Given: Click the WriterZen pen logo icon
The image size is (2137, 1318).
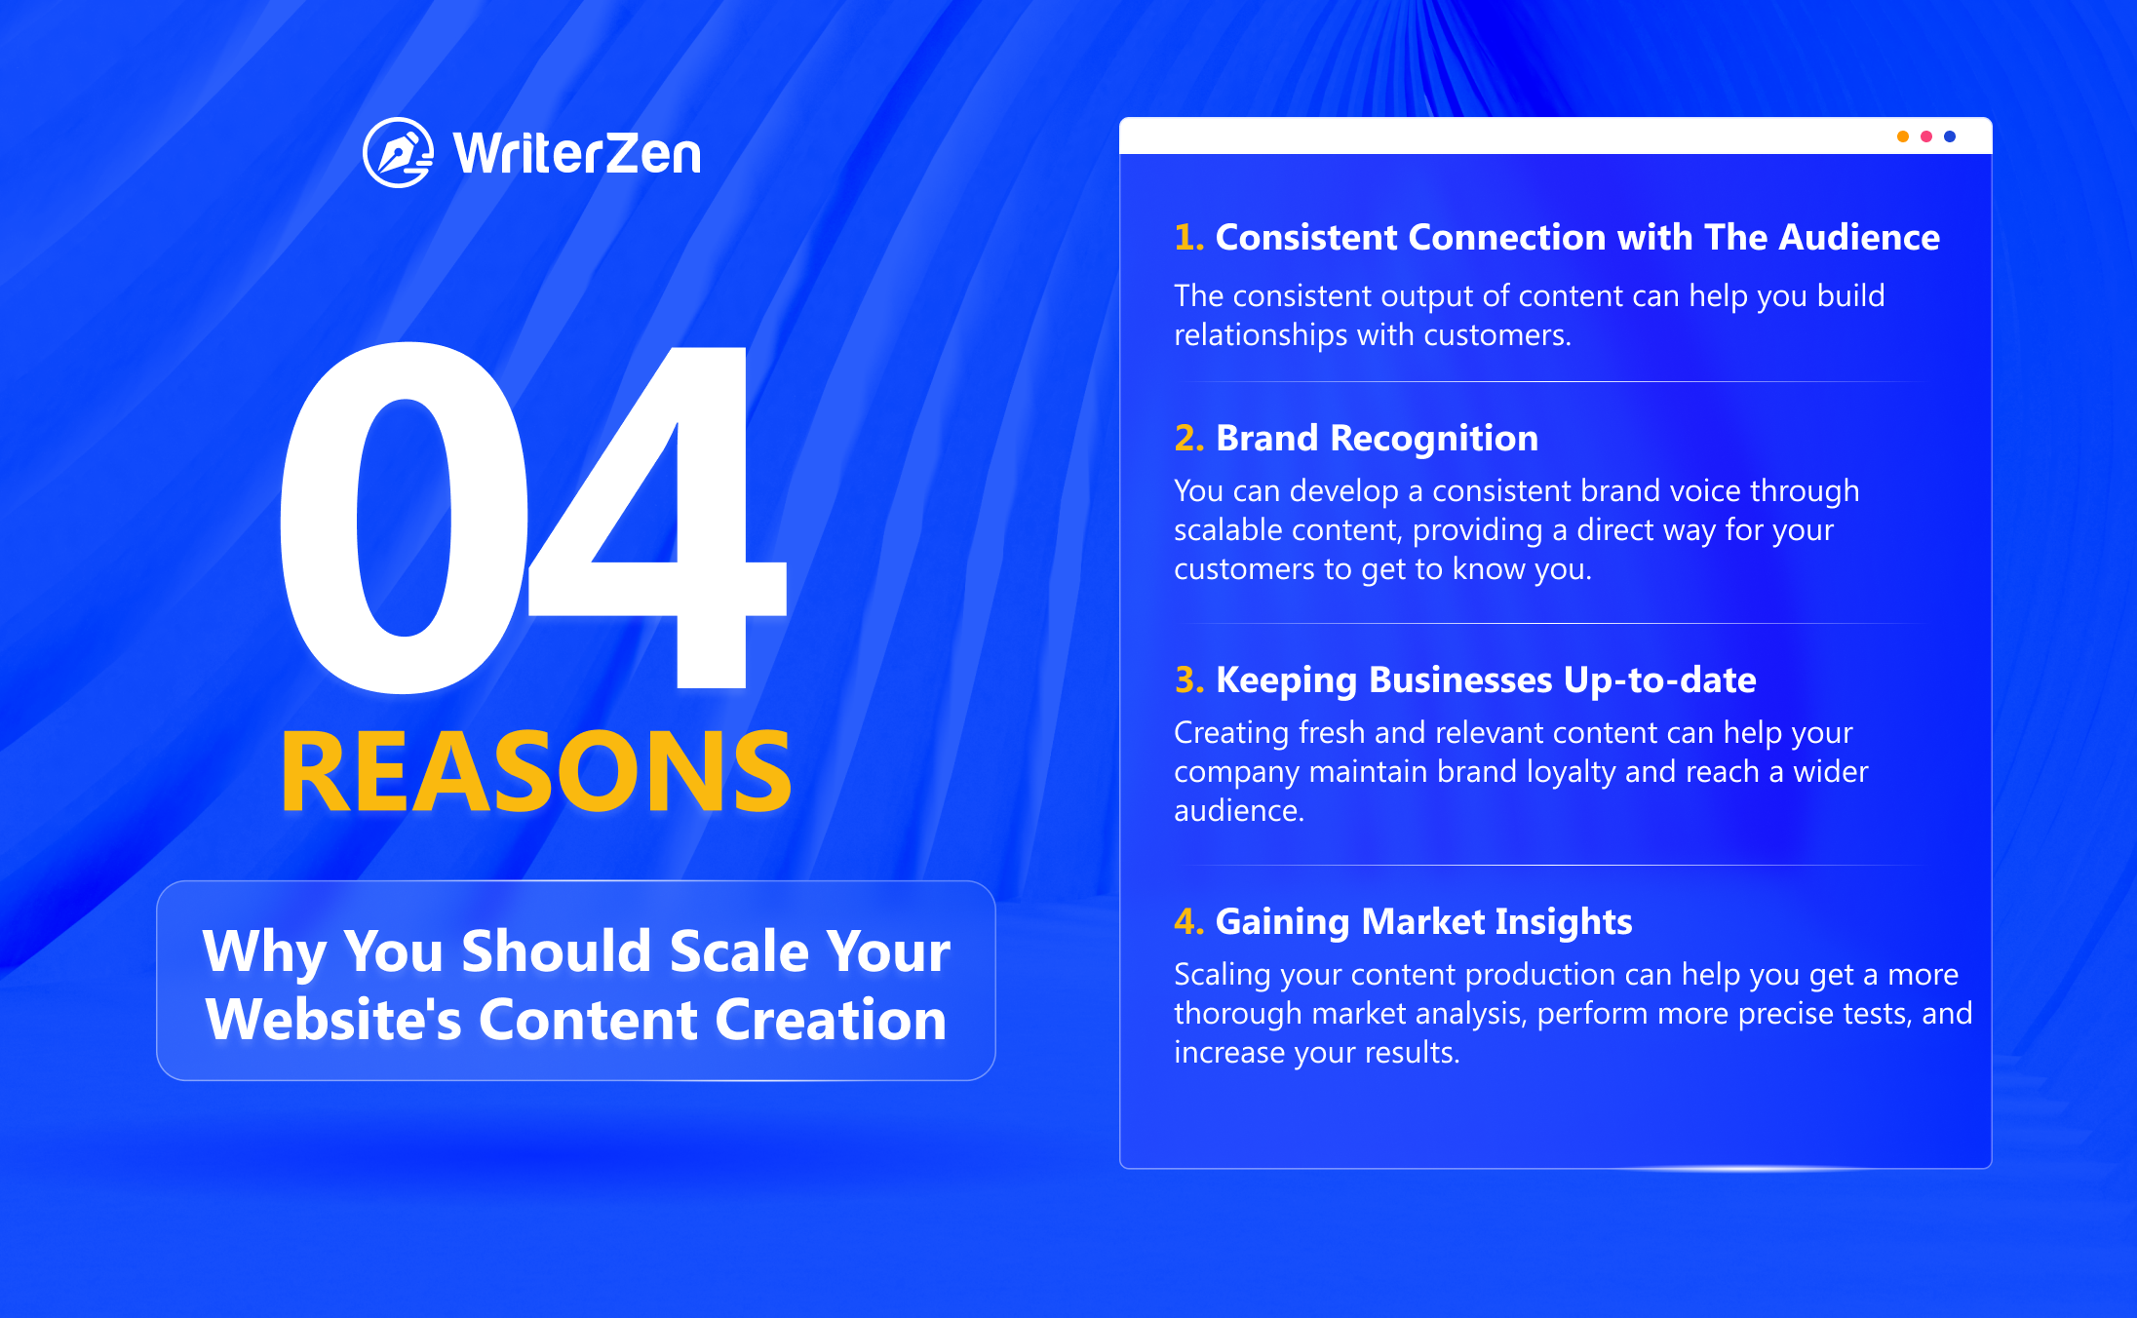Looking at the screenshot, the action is [x=398, y=153].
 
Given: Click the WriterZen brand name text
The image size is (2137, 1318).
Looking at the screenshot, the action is [x=577, y=154].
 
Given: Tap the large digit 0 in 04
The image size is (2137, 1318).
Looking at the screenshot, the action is [x=404, y=518].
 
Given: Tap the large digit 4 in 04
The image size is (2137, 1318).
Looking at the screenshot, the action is [x=658, y=518].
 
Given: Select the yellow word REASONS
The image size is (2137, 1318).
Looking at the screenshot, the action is [x=536, y=771].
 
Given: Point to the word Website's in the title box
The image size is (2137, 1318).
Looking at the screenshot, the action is [x=333, y=1020].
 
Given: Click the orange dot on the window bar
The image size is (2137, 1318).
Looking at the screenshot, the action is [x=1902, y=136].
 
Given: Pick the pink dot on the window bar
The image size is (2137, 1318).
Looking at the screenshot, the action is [x=1925, y=136].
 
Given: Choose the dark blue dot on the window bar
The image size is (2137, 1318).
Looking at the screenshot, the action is [x=1949, y=136].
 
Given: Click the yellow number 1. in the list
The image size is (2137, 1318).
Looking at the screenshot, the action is [x=1189, y=238].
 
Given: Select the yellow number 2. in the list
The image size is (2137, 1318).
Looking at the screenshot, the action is [x=1189, y=439].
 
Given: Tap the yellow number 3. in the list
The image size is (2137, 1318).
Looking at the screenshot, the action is [x=1189, y=680].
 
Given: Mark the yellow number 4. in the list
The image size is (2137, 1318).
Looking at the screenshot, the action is [x=1189, y=922].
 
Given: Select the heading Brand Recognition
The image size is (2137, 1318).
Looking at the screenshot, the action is [x=1378, y=440].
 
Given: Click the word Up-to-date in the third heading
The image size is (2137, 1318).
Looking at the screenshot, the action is [x=1660, y=680].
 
